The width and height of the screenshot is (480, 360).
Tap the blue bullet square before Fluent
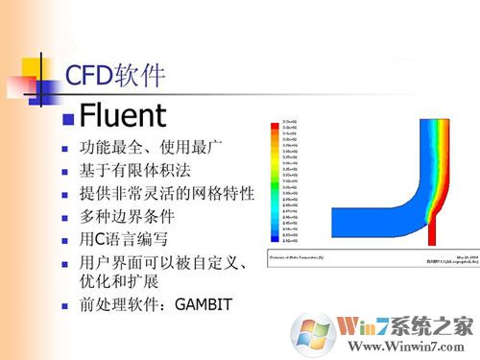[x=68, y=119]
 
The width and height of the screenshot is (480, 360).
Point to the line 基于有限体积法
[x=134, y=171]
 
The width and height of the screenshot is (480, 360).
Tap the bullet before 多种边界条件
[x=65, y=216]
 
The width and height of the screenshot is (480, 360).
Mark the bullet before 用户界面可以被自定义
[x=65, y=259]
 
